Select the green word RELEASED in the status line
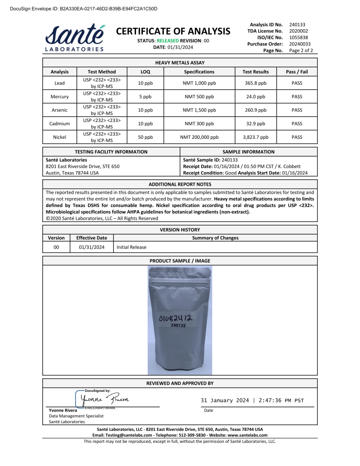(167, 41)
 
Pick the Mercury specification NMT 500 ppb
(199, 96)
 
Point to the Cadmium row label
(60, 123)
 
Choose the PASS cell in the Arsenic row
(297, 110)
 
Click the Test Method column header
(102, 71)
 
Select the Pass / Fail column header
(297, 71)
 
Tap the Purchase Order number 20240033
(299, 44)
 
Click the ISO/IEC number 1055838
(299, 37)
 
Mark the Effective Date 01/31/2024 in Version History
(91, 247)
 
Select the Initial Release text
(132, 247)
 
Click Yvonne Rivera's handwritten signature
(105, 399)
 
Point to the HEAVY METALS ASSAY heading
(180, 63)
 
